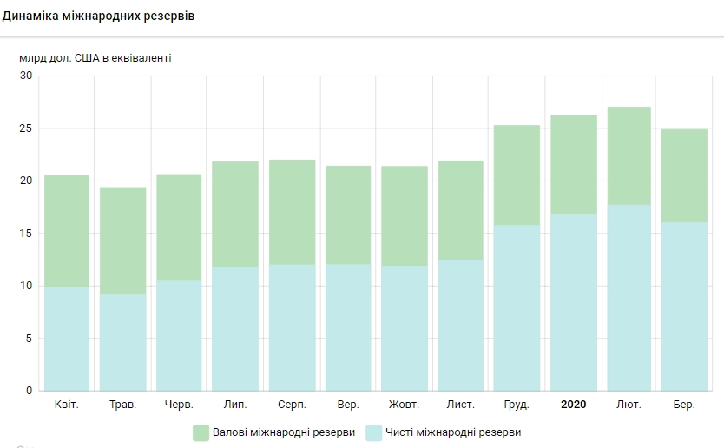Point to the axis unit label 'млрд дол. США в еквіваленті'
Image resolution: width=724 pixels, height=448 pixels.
pos(95,58)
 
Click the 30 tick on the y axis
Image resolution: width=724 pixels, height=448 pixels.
pos(25,76)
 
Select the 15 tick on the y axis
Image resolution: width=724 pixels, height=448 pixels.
pos(25,234)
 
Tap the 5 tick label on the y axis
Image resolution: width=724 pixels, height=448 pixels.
pos(28,339)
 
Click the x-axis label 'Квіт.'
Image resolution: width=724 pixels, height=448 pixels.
pos(67,405)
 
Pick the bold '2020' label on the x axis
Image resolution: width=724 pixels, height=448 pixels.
pos(573,405)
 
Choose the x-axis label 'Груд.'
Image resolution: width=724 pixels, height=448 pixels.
pos(517,405)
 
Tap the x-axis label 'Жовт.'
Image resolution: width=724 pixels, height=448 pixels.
pos(405,405)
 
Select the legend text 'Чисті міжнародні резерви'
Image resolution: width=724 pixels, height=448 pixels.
pos(453,432)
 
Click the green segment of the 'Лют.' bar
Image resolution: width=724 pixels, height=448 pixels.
pos(629,155)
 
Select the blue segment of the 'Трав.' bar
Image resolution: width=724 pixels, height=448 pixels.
pos(122,342)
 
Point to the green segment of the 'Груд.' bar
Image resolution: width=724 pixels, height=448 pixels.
pos(517,175)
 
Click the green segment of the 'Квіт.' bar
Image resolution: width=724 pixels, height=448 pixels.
pos(67,231)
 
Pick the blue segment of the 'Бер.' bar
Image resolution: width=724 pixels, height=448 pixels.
pos(684,306)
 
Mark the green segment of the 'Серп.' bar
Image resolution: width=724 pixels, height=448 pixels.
pos(292,212)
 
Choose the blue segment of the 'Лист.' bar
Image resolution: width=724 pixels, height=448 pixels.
pos(460,325)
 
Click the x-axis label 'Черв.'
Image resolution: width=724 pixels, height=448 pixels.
pos(179,405)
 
